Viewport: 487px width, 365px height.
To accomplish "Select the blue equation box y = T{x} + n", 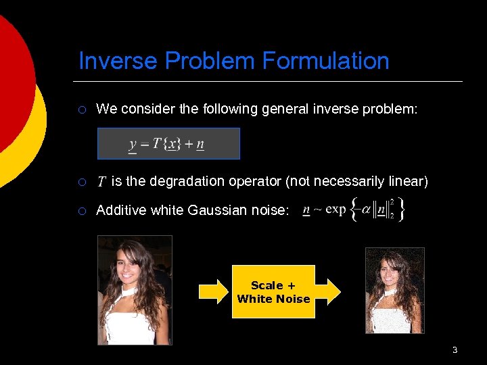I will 168,143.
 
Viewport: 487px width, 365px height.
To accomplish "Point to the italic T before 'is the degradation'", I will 101,181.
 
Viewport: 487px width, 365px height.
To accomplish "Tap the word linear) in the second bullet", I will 408,181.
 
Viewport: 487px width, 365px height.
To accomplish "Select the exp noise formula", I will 353,209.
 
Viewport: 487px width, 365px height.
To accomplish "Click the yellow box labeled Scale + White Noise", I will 273,292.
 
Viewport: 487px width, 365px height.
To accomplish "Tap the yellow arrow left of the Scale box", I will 214,291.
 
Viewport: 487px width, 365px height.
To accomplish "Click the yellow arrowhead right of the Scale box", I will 329,291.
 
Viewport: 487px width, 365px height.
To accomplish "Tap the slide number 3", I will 455,349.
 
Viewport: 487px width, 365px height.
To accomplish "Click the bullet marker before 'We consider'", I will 81,109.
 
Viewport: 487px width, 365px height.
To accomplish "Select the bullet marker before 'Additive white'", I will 81,211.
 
